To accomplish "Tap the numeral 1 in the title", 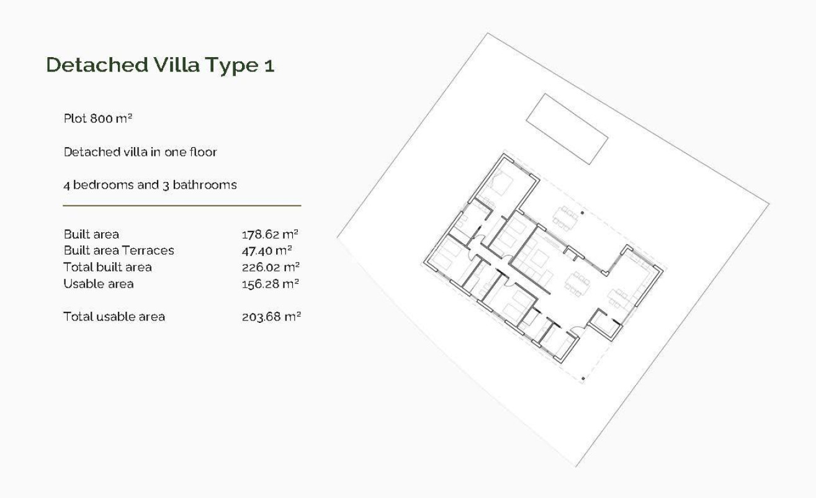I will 269,65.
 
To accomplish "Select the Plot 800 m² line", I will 98,118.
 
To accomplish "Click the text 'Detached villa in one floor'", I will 140,152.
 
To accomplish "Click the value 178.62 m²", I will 270,234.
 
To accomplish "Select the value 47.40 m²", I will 267,250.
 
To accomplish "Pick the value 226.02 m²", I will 271,267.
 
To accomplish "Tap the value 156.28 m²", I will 270,284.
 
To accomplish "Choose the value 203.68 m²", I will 271,317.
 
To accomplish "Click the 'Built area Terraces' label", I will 119,250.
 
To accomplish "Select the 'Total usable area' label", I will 114,317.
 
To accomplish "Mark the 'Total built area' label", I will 107,267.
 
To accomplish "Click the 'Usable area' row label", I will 98,284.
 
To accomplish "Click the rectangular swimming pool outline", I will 567,129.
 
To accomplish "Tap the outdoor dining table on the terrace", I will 565,217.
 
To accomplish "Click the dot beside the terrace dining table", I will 582,213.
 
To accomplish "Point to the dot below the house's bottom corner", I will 583,378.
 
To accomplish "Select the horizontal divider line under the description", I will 182,206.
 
